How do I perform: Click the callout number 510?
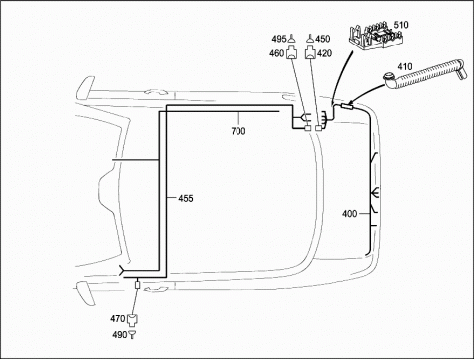[401, 25]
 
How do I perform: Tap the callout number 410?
[405, 66]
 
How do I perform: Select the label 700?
[238, 131]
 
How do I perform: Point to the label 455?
[186, 198]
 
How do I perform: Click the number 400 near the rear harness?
[350, 214]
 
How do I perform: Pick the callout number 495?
[279, 39]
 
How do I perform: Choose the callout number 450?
[322, 39]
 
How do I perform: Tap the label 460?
[277, 53]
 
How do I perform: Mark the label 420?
[324, 53]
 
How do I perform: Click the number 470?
[118, 319]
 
